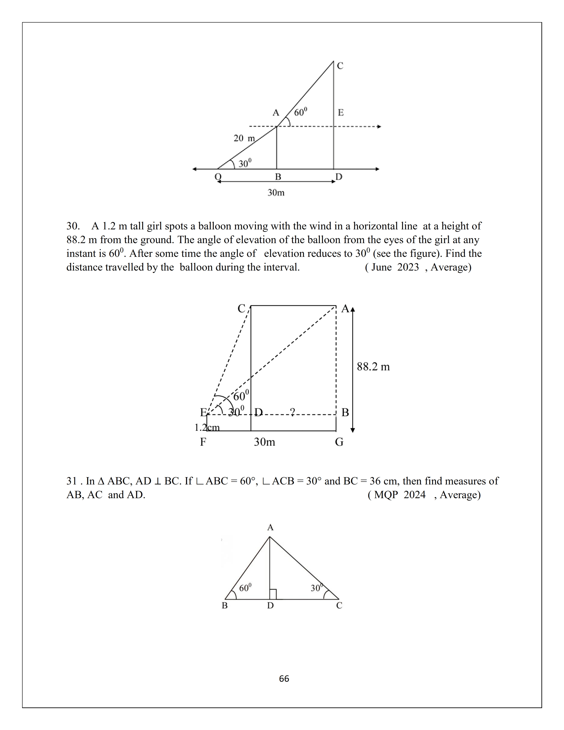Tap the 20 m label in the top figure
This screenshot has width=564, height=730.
pyautogui.click(x=244, y=138)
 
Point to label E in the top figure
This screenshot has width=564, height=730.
pyautogui.click(x=340, y=113)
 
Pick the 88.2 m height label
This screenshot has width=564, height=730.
pyautogui.click(x=373, y=367)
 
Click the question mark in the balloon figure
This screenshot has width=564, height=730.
pyautogui.click(x=292, y=412)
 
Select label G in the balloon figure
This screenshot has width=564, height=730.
pyautogui.click(x=339, y=442)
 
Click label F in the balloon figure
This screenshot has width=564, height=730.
pyautogui.click(x=203, y=442)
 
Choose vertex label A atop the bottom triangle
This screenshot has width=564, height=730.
pyautogui.click(x=270, y=527)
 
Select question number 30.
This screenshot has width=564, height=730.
pyautogui.click(x=73, y=226)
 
